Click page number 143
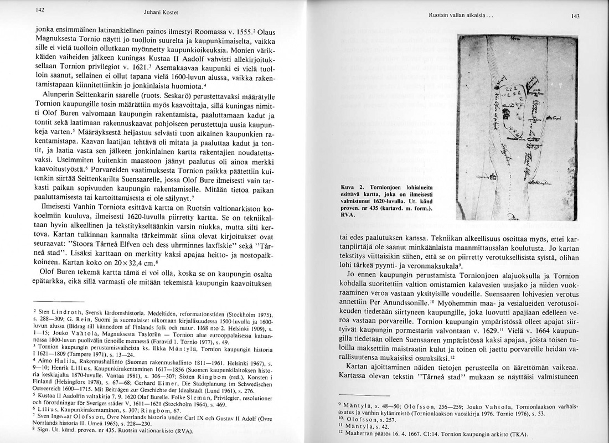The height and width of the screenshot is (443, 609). [x=575, y=17]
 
